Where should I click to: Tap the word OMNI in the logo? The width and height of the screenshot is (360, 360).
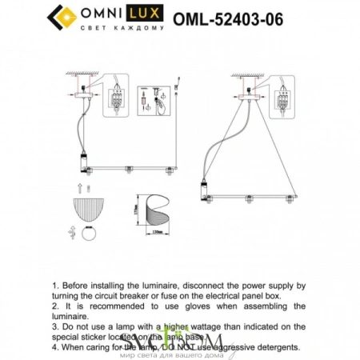[x=98, y=14]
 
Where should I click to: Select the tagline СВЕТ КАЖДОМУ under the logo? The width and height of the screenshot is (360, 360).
[x=122, y=28]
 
